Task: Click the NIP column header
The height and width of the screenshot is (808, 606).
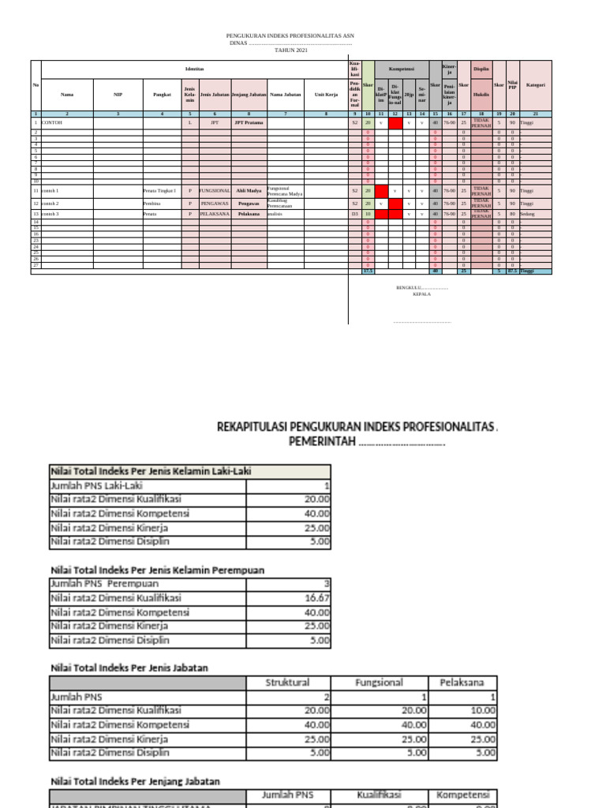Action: [x=118, y=95]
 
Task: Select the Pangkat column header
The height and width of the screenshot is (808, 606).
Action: [x=162, y=95]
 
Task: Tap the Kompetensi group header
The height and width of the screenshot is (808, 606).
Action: [x=402, y=69]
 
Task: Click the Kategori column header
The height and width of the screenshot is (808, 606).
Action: [x=536, y=85]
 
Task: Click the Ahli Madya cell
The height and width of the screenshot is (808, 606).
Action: [x=249, y=191]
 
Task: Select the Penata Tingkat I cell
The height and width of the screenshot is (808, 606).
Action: [x=159, y=191]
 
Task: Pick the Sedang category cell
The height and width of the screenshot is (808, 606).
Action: [x=526, y=214]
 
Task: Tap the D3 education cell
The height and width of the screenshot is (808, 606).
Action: [x=355, y=214]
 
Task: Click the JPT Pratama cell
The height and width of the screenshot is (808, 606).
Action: [x=249, y=123]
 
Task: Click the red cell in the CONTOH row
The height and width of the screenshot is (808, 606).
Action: [x=395, y=123]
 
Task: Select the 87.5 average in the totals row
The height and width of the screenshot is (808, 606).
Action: [x=512, y=271]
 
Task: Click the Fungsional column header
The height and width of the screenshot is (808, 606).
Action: [x=379, y=683]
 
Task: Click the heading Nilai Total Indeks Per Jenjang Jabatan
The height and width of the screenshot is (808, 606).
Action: [x=135, y=781]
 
